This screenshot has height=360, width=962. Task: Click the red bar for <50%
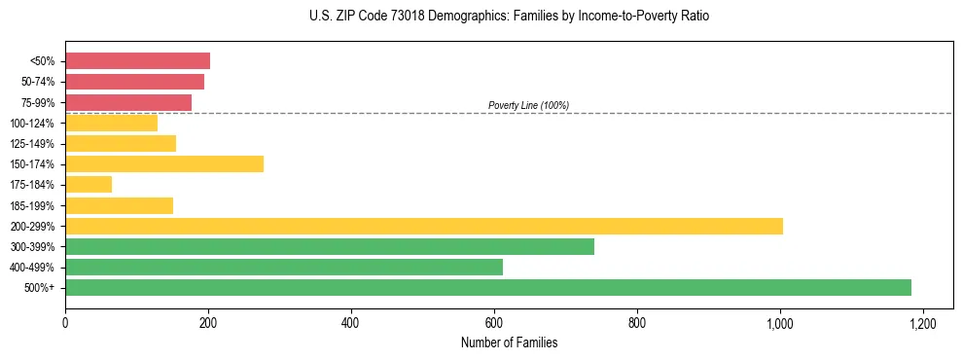[x=137, y=61]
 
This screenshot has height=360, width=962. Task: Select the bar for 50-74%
[x=134, y=82]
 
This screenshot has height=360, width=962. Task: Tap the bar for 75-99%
[x=128, y=102]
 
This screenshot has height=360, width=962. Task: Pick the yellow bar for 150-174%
[x=164, y=163]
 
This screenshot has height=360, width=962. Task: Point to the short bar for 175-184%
[x=89, y=184]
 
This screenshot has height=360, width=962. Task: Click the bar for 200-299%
[x=424, y=226]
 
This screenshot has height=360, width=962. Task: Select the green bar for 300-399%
[x=330, y=246]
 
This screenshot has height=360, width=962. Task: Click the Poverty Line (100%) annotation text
[x=528, y=105]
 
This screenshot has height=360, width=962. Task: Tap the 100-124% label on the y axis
[x=33, y=124]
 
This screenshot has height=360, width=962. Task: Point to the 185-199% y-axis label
[x=33, y=205]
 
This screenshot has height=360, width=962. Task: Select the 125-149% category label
[x=33, y=144]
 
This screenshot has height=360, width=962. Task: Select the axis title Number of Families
[x=509, y=342]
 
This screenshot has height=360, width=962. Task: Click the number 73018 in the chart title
[x=398, y=17]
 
